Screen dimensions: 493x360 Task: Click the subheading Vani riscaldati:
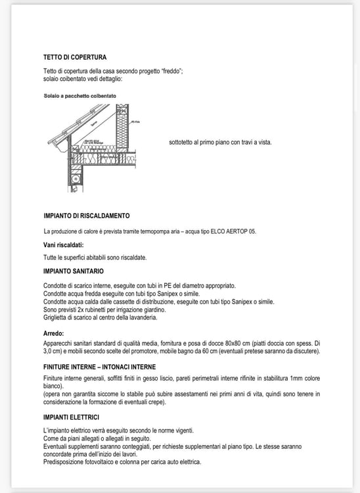pyautogui.click(x=64, y=245)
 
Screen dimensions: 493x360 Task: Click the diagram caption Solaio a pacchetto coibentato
pyautogui.click(x=80, y=96)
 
